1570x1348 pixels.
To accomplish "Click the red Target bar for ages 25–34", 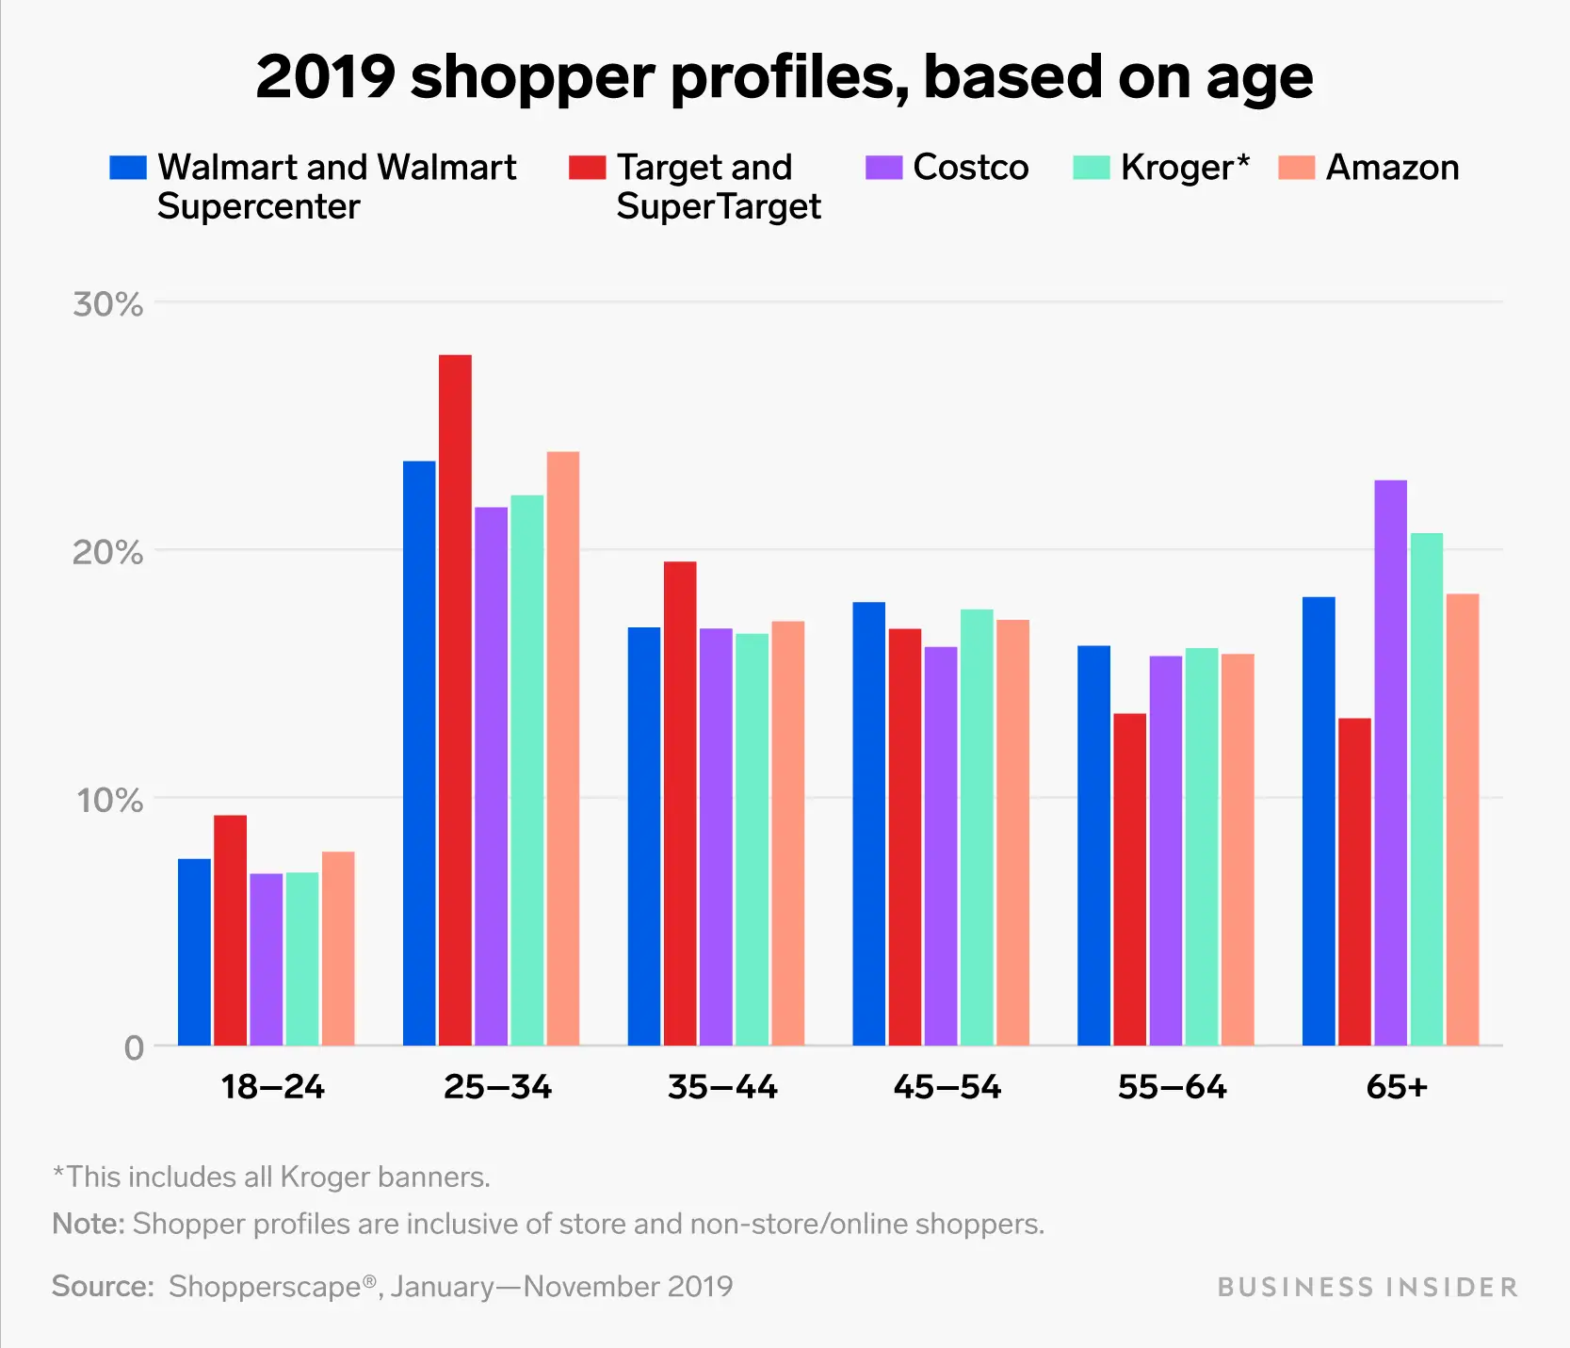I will coord(455,700).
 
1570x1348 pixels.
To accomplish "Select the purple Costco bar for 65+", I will coord(1390,763).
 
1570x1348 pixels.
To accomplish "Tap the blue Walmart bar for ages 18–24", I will coord(194,951).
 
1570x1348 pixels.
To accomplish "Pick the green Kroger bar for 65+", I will coord(1426,789).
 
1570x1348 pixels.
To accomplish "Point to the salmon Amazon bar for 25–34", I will coord(563,749).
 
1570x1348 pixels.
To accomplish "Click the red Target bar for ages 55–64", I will coord(1129,879).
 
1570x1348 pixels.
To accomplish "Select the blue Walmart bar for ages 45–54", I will coord(868,823).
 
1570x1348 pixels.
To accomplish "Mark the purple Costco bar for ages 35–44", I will coord(716,836).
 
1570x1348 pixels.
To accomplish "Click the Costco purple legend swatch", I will coord(883,168).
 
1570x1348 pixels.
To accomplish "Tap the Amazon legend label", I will coord(1392,168).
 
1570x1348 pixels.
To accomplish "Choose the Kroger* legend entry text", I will coord(1185,168).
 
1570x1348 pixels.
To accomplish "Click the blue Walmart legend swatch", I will coord(128,168).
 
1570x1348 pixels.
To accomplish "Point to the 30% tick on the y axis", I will coord(107,304).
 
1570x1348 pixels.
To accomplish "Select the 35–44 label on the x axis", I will coord(722,1087).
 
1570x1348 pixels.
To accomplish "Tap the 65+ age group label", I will coord(1397,1087).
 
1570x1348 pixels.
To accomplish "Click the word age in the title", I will coord(1259,79).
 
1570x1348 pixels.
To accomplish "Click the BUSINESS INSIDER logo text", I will coord(1368,1287).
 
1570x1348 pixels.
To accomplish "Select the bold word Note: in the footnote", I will coord(88,1224).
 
